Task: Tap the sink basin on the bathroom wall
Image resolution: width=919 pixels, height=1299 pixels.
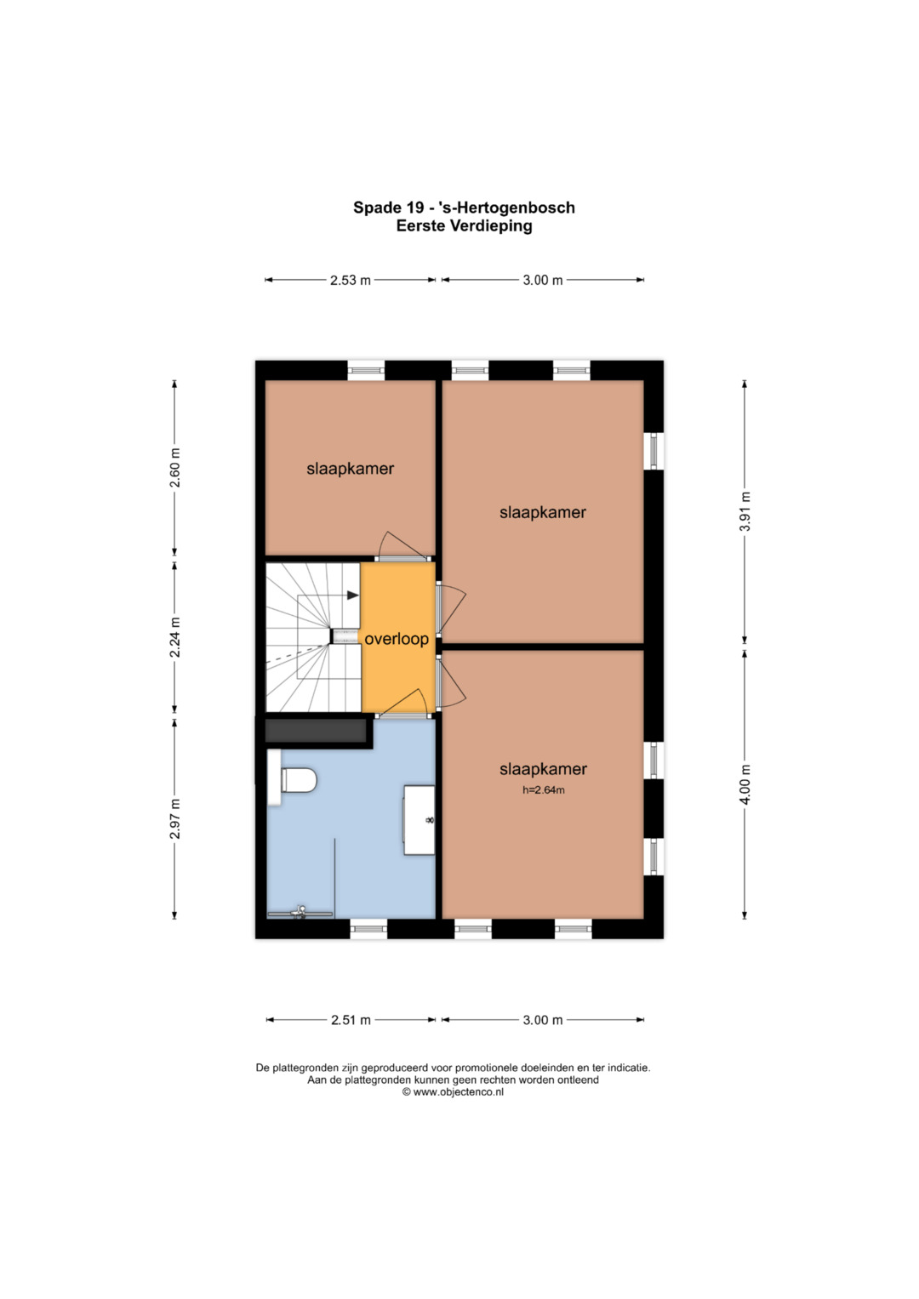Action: click(420, 819)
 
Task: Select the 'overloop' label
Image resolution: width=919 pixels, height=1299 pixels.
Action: click(397, 639)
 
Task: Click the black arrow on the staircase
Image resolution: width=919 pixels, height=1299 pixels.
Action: click(353, 595)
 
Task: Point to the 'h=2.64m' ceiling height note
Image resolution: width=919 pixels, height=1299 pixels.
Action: click(543, 789)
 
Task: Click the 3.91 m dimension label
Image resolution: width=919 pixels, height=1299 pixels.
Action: click(746, 511)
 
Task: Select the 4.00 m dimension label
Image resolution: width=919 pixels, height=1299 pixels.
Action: click(746, 784)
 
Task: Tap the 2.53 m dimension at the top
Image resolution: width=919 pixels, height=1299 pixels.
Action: click(351, 281)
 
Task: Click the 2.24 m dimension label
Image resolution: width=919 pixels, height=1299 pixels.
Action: click(175, 637)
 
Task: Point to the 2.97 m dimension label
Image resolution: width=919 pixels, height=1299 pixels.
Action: click(175, 819)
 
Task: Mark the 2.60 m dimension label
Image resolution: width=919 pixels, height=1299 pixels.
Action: click(175, 467)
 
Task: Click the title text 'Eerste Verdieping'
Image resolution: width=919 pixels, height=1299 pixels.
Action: click(464, 225)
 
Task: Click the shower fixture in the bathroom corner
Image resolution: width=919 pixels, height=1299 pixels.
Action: click(300, 911)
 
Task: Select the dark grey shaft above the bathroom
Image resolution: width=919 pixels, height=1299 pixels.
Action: click(317, 731)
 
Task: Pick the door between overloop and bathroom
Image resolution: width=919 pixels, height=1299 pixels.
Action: click(402, 704)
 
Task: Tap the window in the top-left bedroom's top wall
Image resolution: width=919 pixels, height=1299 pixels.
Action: click(366, 370)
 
